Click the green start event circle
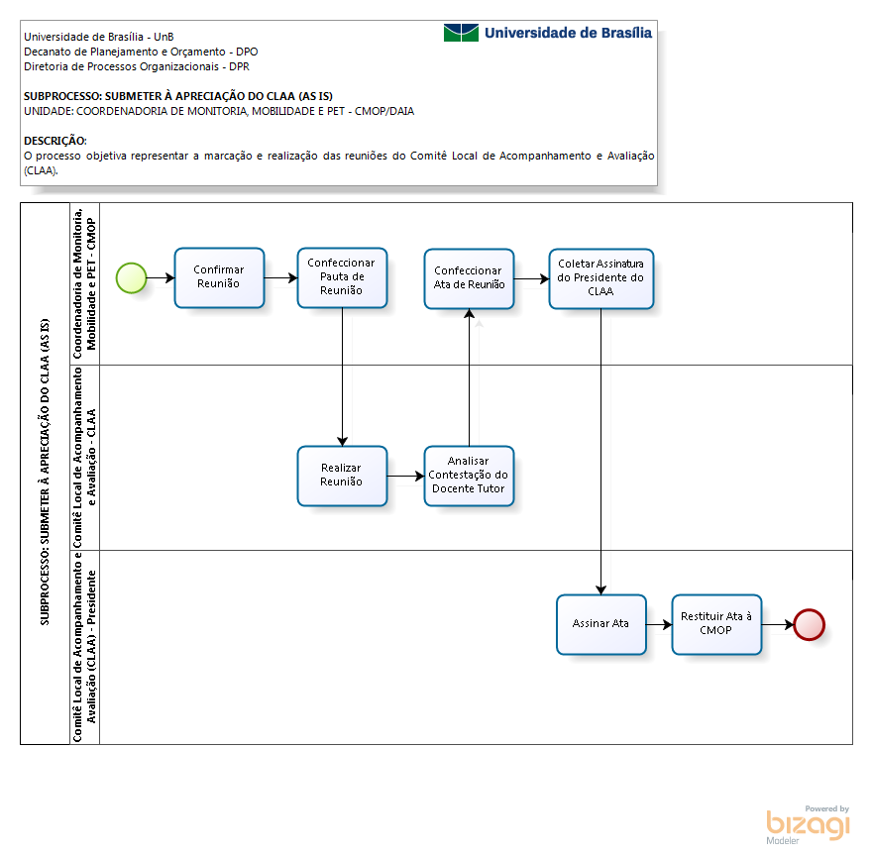pyautogui.click(x=131, y=278)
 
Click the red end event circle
pyautogui.click(x=810, y=624)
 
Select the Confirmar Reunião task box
pyautogui.click(x=219, y=277)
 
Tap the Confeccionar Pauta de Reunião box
pyautogui.click(x=342, y=277)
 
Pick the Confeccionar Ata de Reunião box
pyautogui.click(x=469, y=278)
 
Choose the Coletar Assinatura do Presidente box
pyautogui.click(x=601, y=278)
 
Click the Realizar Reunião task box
pyautogui.click(x=342, y=477)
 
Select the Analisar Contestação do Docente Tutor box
pyautogui.click(x=469, y=477)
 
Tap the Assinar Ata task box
pyautogui.click(x=601, y=624)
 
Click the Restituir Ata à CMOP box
pyautogui.click(x=716, y=624)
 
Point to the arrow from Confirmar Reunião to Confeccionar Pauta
pyautogui.click(x=280, y=277)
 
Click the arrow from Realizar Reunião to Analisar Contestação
pyautogui.click(x=405, y=477)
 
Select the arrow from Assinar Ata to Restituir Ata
pyautogui.click(x=659, y=624)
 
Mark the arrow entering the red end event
pyautogui.click(x=778, y=624)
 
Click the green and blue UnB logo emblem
pyautogui.click(x=461, y=33)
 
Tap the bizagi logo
pyautogui.click(x=808, y=825)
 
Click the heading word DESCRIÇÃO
pyautogui.click(x=55, y=141)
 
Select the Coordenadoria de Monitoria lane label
pyautogui.click(x=84, y=283)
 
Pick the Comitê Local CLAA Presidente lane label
pyautogui.click(x=84, y=647)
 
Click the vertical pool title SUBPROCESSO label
pyautogui.click(x=45, y=472)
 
